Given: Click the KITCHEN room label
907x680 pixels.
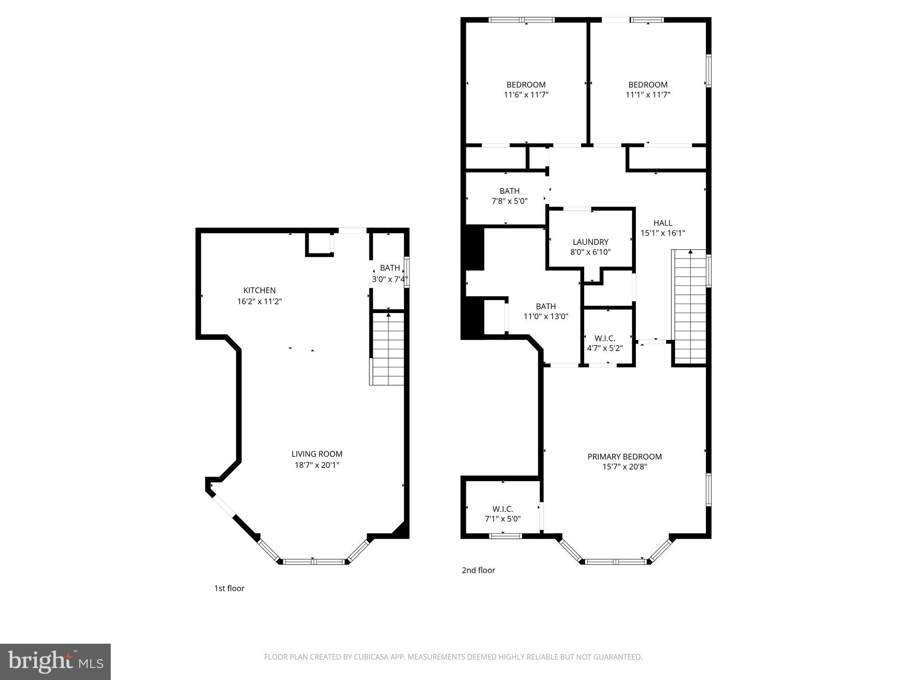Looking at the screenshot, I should tap(260, 290).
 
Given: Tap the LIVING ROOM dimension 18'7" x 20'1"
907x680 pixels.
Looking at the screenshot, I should tap(317, 465).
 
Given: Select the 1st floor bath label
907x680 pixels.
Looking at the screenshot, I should tap(390, 268).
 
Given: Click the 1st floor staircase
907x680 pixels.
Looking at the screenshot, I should tap(388, 348).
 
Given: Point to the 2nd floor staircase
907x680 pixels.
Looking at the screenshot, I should tap(690, 306).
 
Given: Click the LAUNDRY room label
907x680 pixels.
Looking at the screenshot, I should tap(590, 242).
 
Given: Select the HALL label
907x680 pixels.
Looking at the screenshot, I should tap(663, 223).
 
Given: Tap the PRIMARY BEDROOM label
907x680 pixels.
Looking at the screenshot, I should tap(624, 456).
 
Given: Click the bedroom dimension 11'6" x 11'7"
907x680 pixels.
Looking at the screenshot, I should tap(526, 95).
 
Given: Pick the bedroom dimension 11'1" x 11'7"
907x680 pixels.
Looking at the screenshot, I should tap(648, 95).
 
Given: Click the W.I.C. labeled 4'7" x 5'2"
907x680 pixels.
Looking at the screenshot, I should tap(605, 338).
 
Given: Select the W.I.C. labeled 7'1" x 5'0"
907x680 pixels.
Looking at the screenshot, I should tap(503, 509).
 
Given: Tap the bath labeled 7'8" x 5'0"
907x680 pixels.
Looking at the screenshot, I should tap(509, 191).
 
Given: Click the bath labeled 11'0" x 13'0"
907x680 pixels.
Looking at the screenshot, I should tap(546, 306).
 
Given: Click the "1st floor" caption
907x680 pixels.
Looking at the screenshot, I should tap(229, 588).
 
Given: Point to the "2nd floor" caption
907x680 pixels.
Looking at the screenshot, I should tap(478, 570).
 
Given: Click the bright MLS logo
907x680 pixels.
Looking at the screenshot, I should tap(55, 661).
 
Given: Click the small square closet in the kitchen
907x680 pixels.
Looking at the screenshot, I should tap(319, 244).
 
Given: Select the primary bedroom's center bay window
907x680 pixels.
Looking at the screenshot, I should tap(615, 561).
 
